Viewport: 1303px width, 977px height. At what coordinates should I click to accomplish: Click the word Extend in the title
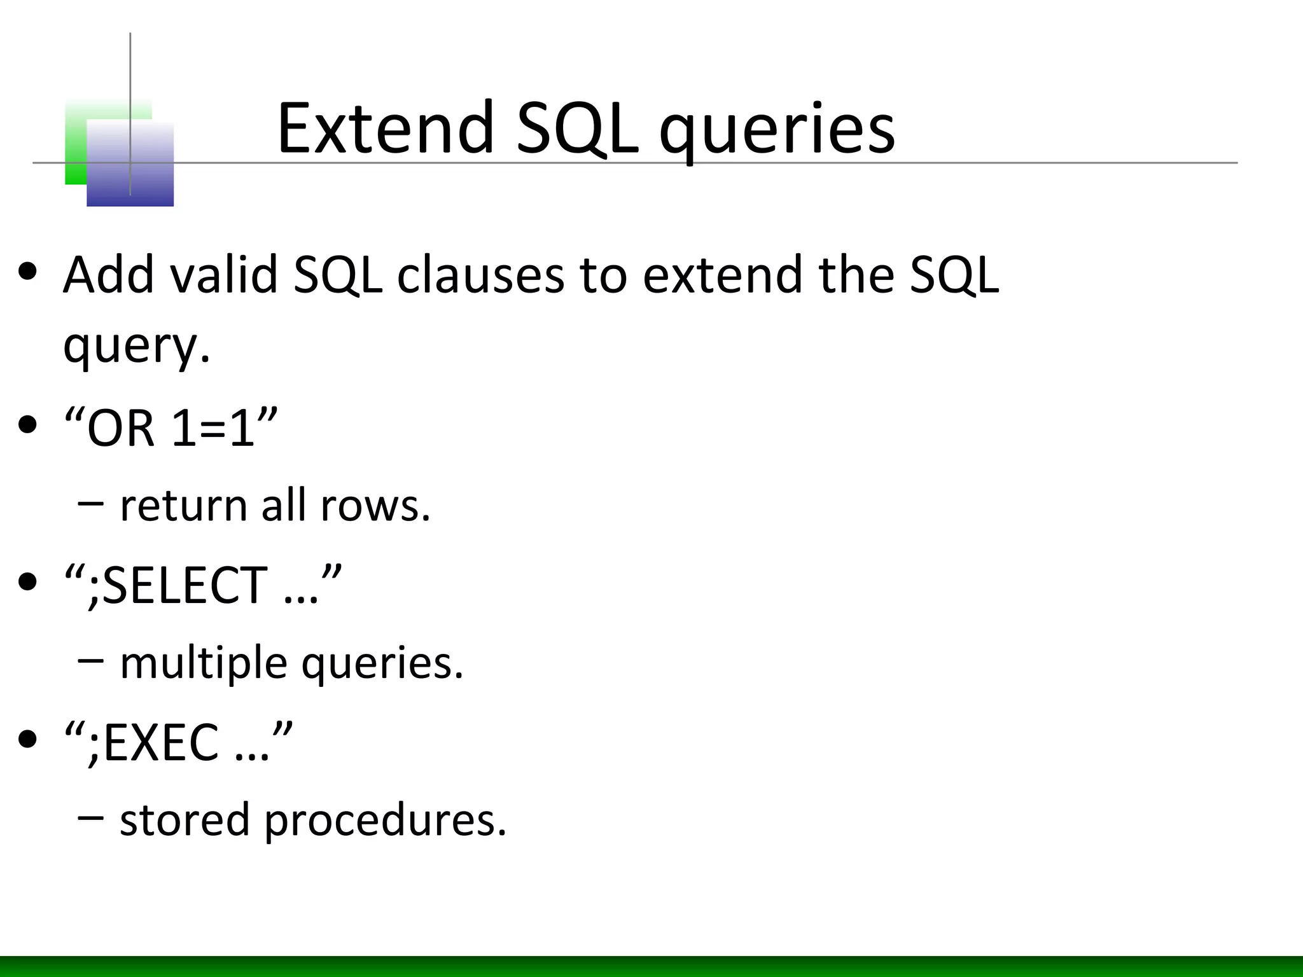pyautogui.click(x=385, y=129)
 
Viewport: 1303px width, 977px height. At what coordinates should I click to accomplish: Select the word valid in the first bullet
pyautogui.click(x=224, y=275)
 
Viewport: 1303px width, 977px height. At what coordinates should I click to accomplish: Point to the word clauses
pyautogui.click(x=480, y=275)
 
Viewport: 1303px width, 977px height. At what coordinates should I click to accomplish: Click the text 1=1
pyautogui.click(x=213, y=428)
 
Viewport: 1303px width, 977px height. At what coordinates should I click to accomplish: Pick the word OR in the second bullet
pyautogui.click(x=121, y=428)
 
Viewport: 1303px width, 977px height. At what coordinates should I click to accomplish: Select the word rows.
pyautogui.click(x=375, y=506)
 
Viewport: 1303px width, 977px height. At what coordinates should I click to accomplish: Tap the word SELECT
pyautogui.click(x=185, y=585)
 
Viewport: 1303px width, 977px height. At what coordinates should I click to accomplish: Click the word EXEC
pyautogui.click(x=160, y=742)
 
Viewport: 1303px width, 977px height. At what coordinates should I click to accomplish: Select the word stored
pyautogui.click(x=185, y=820)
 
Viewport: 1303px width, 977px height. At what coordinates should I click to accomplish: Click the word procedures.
pyautogui.click(x=385, y=821)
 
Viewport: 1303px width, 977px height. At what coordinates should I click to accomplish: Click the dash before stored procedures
pyautogui.click(x=90, y=816)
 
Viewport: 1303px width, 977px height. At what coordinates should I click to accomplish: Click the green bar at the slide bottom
pyautogui.click(x=651, y=966)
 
